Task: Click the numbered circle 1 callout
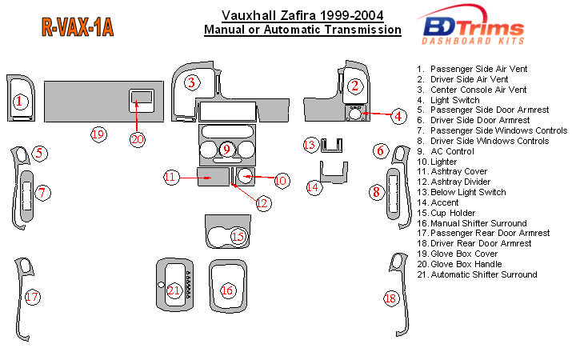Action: point(20,102)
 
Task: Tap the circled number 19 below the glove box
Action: point(98,134)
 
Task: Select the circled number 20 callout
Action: point(138,138)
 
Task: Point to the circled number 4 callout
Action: point(398,117)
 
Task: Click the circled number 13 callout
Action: point(310,145)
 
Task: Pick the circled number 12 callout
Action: point(262,202)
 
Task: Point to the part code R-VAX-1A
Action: point(77,29)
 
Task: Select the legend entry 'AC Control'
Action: point(453,151)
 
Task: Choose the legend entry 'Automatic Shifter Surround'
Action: point(483,274)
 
